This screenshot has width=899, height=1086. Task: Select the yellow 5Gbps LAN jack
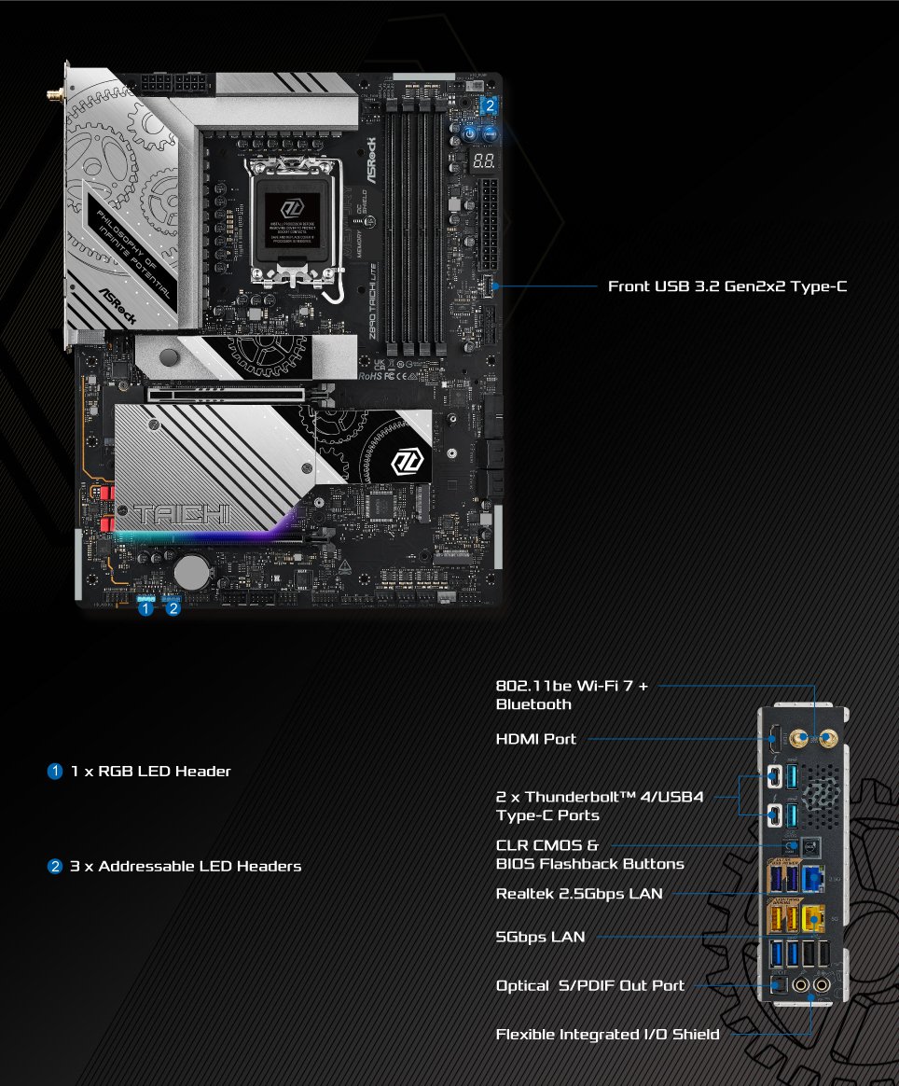(813, 921)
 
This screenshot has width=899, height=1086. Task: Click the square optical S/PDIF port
(781, 984)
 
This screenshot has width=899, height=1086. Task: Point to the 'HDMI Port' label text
(536, 739)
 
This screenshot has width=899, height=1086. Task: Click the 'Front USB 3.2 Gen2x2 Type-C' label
(727, 286)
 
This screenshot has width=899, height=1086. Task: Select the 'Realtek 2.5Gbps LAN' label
(579, 894)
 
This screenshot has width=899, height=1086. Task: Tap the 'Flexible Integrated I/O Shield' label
(607, 1034)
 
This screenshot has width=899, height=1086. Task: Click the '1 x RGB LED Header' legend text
(151, 772)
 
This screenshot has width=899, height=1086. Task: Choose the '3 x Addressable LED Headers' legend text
(187, 866)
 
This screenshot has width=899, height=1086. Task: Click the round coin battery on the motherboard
(193, 569)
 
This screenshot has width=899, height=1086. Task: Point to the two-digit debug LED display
(483, 161)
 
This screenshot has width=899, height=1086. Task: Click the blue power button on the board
(470, 134)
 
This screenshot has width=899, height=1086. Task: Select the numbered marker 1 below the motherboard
(145, 609)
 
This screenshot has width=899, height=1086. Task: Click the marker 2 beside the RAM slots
(491, 105)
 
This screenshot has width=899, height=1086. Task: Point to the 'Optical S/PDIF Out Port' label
(590, 985)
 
